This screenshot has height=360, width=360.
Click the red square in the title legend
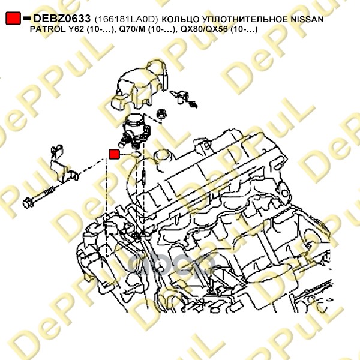13,18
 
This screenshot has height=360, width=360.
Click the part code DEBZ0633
62,19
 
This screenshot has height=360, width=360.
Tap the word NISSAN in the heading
307,19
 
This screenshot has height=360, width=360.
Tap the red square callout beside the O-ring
114,154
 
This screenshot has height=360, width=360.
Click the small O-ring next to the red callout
136,155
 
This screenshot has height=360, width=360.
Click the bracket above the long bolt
62,164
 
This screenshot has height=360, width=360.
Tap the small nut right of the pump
161,114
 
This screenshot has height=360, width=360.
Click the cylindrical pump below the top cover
134,130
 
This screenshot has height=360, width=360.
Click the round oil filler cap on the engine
163,157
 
